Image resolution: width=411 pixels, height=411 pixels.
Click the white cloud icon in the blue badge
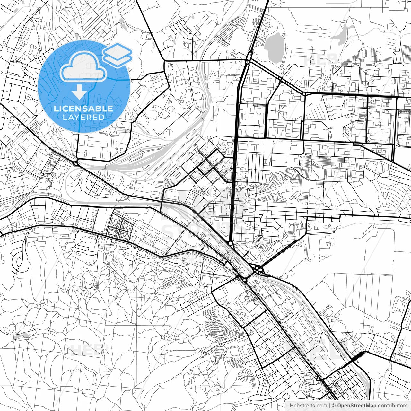click(83, 67)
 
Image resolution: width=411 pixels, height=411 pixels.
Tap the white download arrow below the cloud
click(79, 92)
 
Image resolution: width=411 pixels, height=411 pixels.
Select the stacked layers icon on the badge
click(118, 55)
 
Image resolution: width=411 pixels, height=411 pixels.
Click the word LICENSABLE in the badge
click(83, 109)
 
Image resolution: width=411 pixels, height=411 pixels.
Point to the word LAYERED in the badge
click(83, 117)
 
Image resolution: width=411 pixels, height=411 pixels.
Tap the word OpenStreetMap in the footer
click(356, 406)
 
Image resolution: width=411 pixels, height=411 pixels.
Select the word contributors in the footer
click(393, 406)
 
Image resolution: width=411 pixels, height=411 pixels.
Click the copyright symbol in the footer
click(334, 406)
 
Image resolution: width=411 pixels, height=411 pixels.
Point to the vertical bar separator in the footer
click(329, 406)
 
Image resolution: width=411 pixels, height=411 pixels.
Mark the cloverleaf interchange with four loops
click(258, 270)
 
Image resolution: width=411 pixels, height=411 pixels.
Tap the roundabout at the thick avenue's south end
click(231, 244)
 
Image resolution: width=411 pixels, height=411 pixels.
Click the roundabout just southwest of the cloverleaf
click(245, 280)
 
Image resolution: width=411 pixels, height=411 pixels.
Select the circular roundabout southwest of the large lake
click(248, 61)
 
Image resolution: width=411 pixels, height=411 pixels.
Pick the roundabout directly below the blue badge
click(76, 163)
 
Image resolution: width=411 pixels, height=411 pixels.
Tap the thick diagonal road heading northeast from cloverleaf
click(283, 250)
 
